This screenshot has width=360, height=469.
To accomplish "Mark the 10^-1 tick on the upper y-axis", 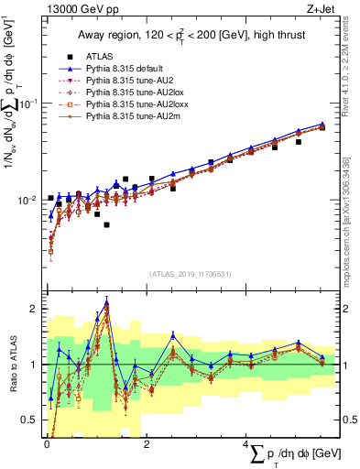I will [27, 103].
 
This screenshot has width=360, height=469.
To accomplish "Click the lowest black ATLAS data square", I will [106, 224].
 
